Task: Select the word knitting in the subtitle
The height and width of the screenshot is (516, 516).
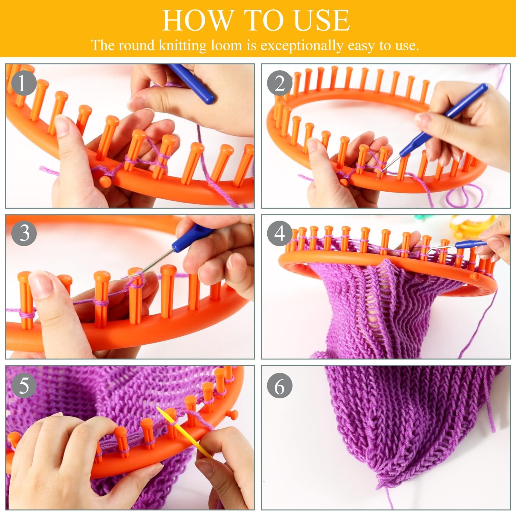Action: point(183,45)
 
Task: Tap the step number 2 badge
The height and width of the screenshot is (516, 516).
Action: point(280,84)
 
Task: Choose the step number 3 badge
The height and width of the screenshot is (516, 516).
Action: point(24,233)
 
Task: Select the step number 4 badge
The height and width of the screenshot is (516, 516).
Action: point(280,233)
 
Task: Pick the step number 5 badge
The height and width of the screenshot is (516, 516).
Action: point(24,385)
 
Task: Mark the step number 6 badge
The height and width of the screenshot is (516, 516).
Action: point(280,386)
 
